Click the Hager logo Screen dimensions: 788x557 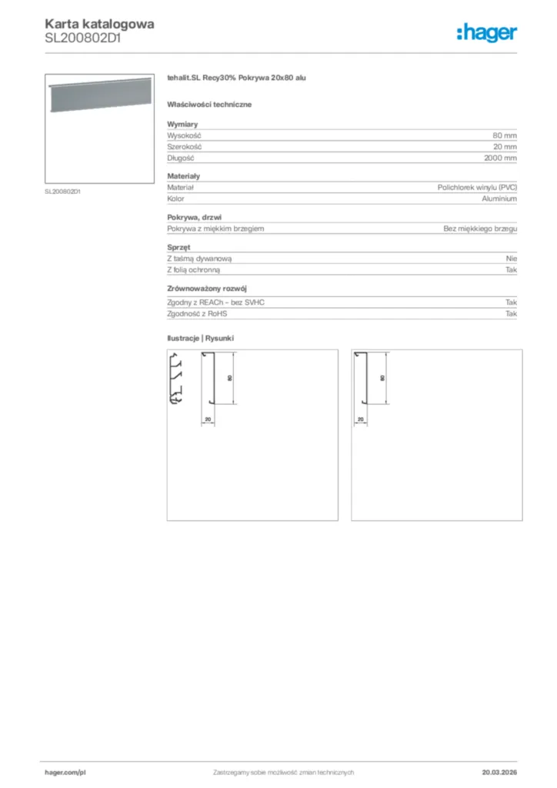(x=486, y=32)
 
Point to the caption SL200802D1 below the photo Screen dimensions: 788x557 (x=63, y=192)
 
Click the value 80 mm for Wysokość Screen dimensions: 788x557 (x=505, y=135)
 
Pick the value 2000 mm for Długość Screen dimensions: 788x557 (x=500, y=159)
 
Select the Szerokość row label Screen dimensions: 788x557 (x=185, y=147)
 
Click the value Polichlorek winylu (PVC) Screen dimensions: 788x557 (x=477, y=187)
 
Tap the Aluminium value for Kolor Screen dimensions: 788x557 (x=499, y=199)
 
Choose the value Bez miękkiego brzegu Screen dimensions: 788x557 (x=480, y=229)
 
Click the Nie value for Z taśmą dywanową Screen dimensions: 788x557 (x=511, y=259)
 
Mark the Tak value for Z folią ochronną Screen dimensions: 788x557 (x=511, y=271)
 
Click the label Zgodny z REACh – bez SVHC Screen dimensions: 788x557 (x=215, y=302)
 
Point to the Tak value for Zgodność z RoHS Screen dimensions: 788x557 (x=511, y=314)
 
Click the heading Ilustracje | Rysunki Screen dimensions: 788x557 (x=200, y=339)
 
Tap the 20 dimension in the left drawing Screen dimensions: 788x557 (x=208, y=419)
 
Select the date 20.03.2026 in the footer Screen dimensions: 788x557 (x=499, y=772)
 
